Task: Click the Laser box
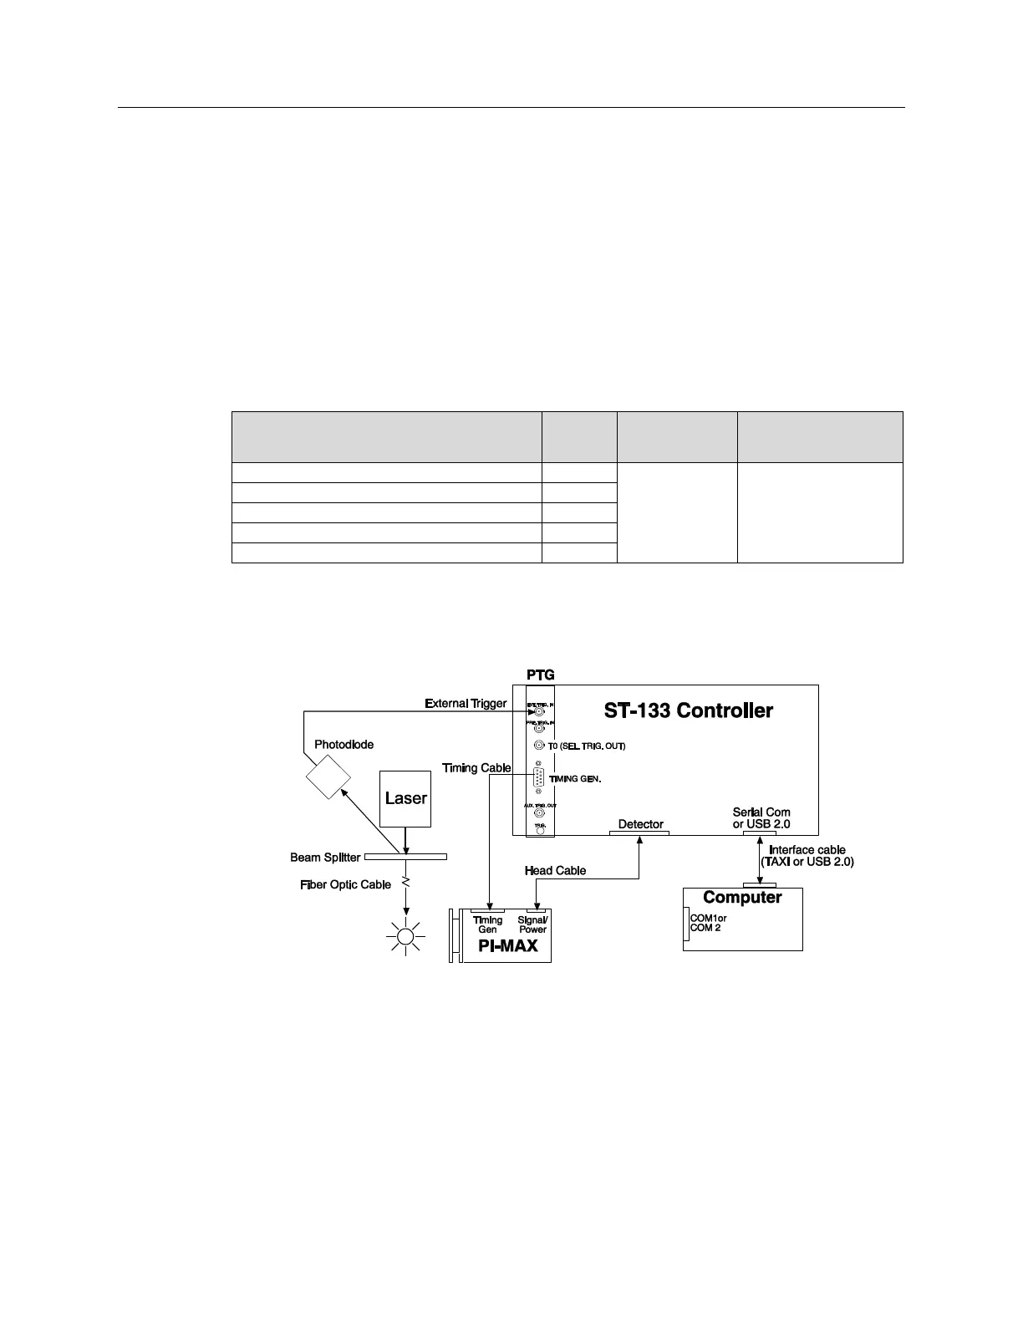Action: point(405,798)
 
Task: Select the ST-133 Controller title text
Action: point(688,710)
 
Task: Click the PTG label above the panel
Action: point(540,675)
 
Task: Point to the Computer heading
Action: point(742,897)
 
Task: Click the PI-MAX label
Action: point(507,946)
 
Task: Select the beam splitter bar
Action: point(405,857)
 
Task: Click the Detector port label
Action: point(640,824)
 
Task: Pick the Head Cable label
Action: point(555,870)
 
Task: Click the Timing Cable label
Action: point(476,768)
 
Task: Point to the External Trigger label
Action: point(466,703)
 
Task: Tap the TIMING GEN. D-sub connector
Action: point(540,778)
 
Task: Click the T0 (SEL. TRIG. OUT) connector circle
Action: point(540,746)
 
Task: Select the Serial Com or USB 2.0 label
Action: point(761,817)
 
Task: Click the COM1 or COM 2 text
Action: point(708,923)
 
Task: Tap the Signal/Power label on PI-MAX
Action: point(532,924)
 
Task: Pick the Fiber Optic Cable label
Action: point(345,884)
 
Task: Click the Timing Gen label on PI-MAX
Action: point(487,924)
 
